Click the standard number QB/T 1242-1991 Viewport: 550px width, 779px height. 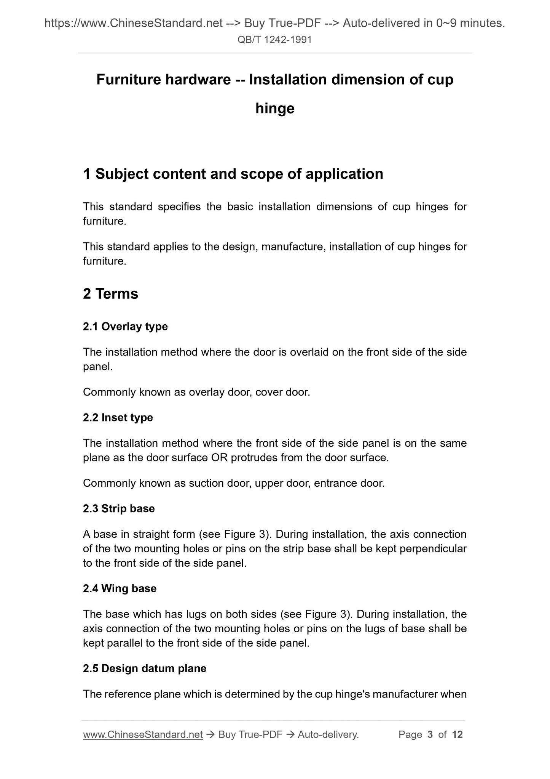tap(274, 40)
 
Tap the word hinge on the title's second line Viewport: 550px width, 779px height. tap(275, 109)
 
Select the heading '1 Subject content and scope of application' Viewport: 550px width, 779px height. tap(233, 174)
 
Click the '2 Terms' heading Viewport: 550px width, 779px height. tap(110, 294)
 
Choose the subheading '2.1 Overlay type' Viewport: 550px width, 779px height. tap(125, 326)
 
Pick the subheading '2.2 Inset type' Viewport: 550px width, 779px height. tap(118, 417)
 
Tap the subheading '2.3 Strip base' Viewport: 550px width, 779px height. tap(119, 508)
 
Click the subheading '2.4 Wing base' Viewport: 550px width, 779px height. tap(120, 588)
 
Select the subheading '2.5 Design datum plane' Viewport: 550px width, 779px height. tap(145, 668)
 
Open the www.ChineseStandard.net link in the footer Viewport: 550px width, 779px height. tap(143, 734)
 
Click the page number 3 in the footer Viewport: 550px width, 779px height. tap(430, 734)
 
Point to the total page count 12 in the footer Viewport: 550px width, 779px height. tap(457, 734)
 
